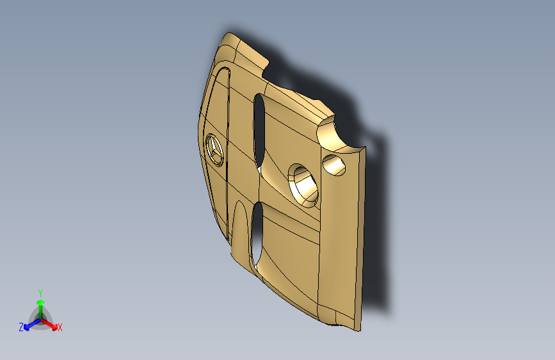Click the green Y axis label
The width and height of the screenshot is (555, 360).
tap(40, 293)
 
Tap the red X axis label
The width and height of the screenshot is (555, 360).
tap(60, 328)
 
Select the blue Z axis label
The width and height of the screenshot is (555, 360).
tap(21, 327)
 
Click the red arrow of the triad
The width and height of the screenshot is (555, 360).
tap(49, 324)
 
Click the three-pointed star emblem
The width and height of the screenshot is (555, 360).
tap(214, 150)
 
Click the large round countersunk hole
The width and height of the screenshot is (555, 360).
tap(303, 185)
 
